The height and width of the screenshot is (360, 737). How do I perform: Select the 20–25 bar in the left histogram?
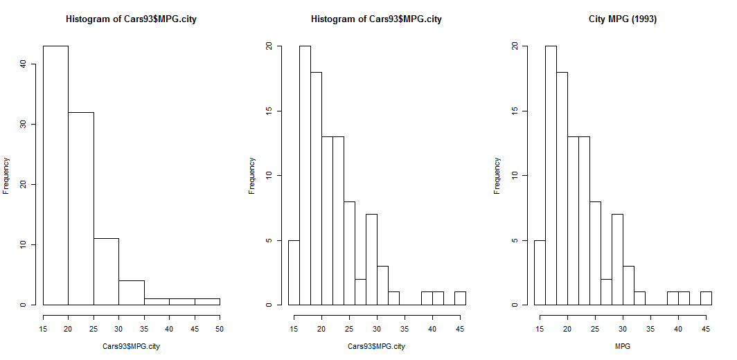[81, 208]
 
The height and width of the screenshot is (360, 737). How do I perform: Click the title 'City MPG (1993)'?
[622, 19]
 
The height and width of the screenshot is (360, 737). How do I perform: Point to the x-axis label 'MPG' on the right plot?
[622, 345]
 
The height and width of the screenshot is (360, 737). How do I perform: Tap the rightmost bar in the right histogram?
[706, 298]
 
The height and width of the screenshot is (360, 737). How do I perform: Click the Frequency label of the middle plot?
[252, 176]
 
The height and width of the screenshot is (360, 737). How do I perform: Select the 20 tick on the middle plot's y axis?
[269, 46]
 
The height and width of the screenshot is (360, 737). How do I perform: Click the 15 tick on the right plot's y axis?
[515, 111]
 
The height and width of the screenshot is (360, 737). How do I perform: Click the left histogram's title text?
[131, 19]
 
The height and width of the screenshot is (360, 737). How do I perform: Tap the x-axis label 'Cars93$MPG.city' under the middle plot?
[376, 345]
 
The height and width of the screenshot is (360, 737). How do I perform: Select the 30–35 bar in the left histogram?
[132, 292]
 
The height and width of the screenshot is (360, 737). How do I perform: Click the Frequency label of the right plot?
[497, 176]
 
